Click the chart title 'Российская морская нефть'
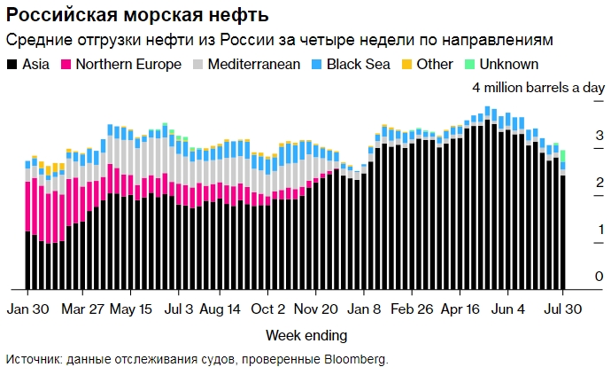138,16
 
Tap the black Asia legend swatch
12,65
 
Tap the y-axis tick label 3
575,136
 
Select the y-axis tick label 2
575,183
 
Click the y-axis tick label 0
575,277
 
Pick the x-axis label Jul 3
178,309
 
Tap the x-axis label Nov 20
315,309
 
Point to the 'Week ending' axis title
306,335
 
